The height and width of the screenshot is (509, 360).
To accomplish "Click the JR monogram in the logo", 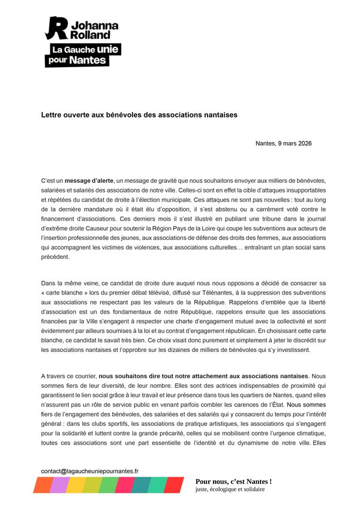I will point(57,29).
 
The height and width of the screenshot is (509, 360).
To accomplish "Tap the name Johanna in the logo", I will point(95,26).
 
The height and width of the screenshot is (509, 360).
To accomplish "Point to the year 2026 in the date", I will point(303,143).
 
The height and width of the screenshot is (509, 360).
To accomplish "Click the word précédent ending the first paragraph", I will point(56,257).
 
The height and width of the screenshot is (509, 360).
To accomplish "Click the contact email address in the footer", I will point(89,471).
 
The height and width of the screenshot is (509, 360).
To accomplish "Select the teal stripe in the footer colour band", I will point(140,484).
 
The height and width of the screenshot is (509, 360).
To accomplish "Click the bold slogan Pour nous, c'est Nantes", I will point(233,481).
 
